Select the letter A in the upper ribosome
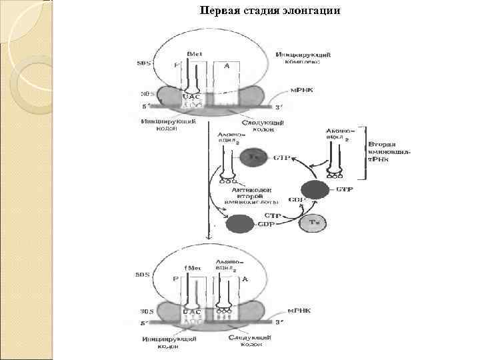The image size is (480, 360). pos(227,65)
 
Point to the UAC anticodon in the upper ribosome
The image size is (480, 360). pos(192,97)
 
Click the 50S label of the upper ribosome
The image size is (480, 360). pos(144,63)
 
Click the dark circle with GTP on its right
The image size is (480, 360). pos(315,189)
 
